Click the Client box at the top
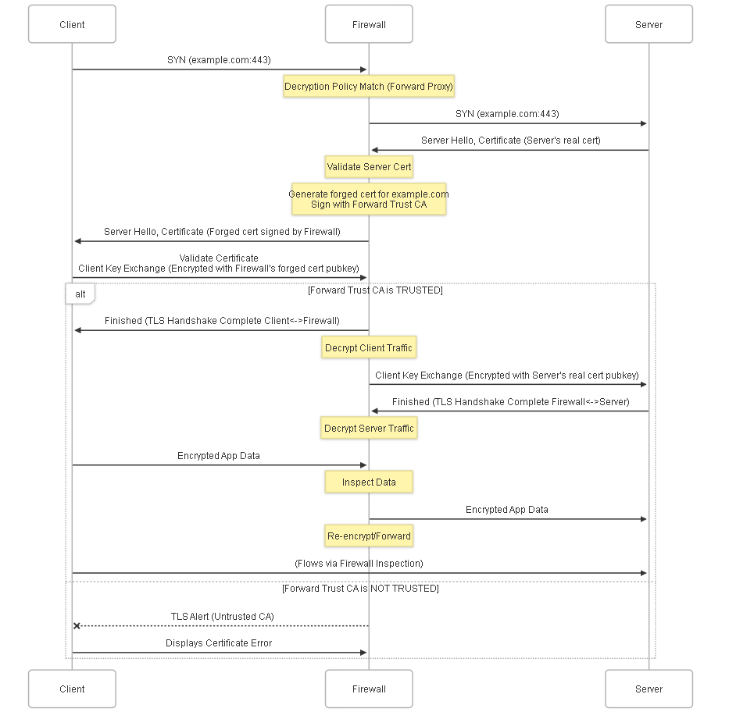tap(72, 24)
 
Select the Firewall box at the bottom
tap(369, 689)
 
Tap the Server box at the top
tap(649, 24)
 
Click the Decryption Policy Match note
tap(369, 87)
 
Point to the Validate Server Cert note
tap(369, 167)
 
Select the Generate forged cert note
tap(369, 199)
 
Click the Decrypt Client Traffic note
tap(369, 347)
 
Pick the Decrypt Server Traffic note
tap(369, 428)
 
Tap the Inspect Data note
tap(369, 482)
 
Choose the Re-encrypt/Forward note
tap(369, 536)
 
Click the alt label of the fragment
tap(80, 294)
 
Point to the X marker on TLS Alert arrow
tap(77, 625)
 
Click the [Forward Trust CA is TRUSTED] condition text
tap(375, 290)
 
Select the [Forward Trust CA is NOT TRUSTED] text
tap(360, 589)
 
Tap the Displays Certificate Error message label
tap(219, 642)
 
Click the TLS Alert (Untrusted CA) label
tap(222, 617)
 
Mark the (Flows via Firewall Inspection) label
tap(359, 564)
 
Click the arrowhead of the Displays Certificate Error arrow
tap(363, 653)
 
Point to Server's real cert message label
tap(510, 141)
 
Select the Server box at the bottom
tap(649, 689)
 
